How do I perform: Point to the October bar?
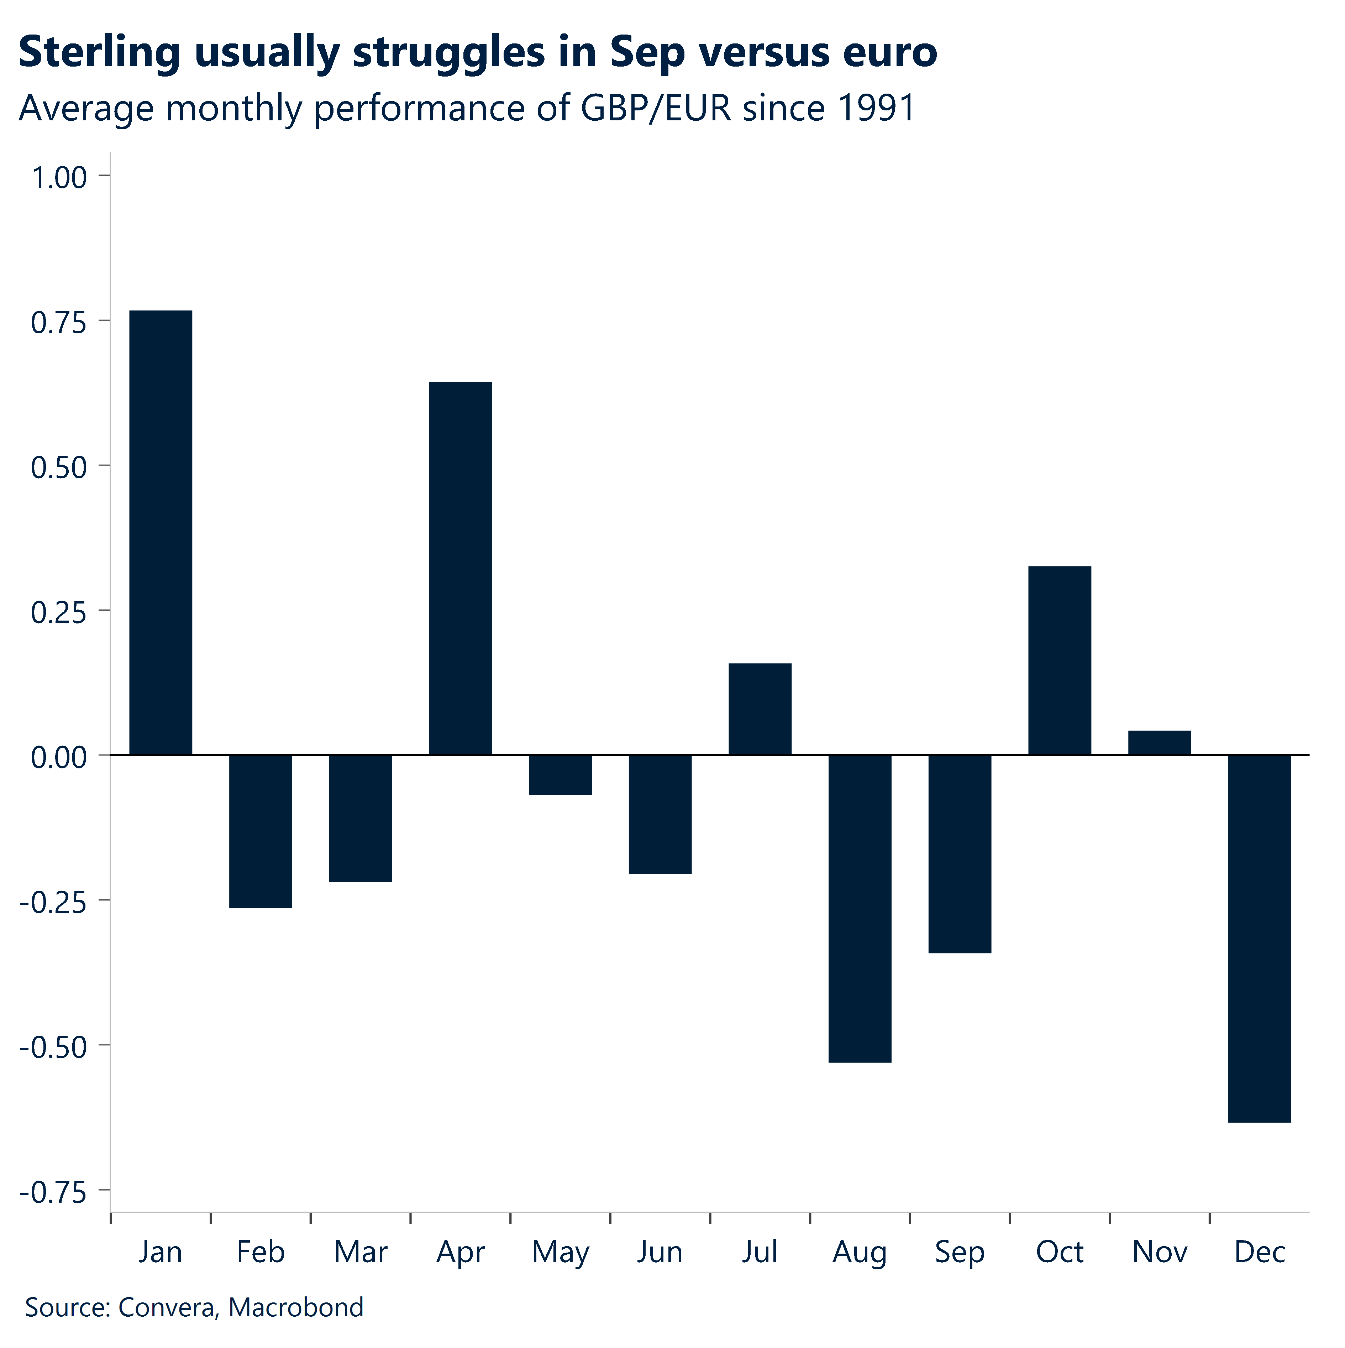1060,660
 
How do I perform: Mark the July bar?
760,709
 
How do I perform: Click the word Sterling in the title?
99,52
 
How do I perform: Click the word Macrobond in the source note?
296,1307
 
